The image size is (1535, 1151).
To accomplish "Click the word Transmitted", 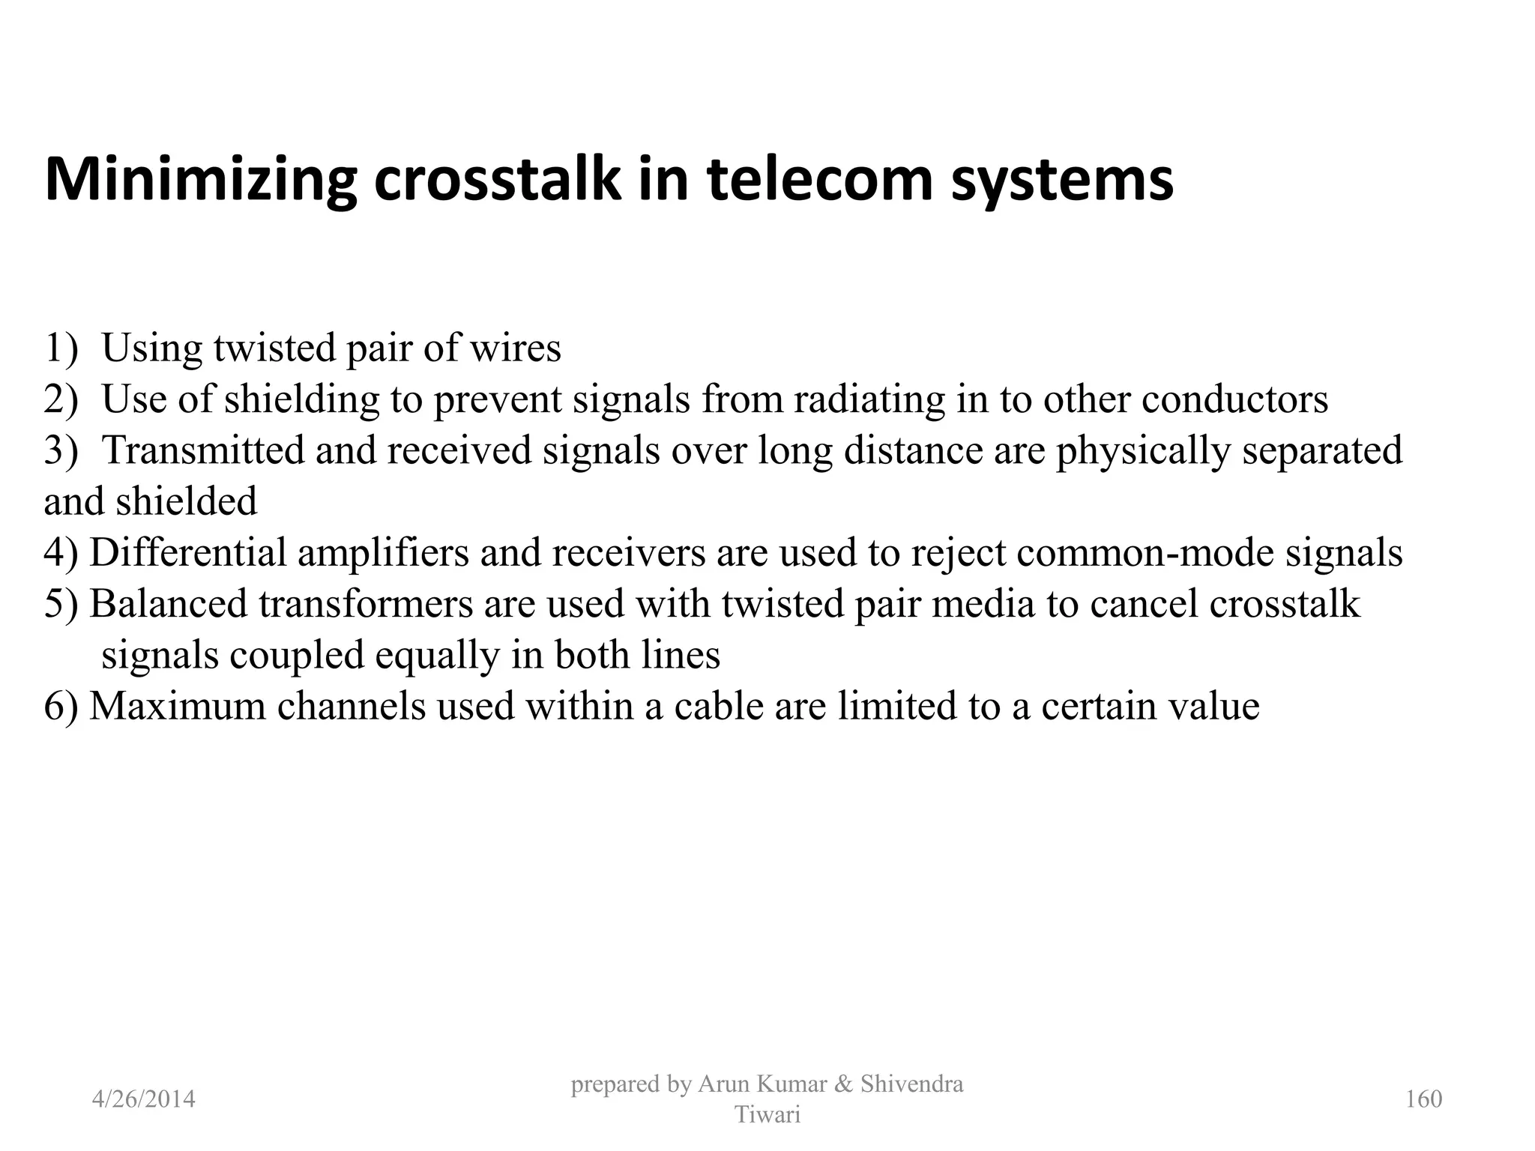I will (x=202, y=450).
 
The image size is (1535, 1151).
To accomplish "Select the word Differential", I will (x=188, y=552).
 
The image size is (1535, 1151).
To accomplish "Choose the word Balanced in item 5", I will (x=169, y=603).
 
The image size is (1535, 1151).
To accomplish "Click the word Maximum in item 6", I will (x=178, y=706).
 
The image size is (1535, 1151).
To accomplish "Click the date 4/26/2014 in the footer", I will (x=143, y=1099).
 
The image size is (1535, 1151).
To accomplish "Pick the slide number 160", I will (x=1423, y=1099).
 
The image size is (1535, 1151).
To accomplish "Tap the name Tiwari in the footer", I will (x=767, y=1115).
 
